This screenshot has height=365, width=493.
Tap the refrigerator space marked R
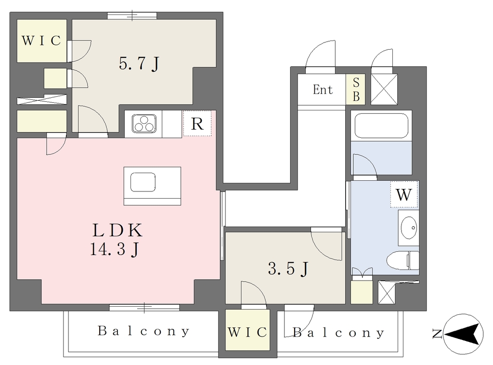point(197,123)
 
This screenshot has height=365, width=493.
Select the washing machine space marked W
point(404,194)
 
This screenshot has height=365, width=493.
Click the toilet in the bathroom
point(403,260)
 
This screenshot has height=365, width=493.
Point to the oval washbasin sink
point(409,228)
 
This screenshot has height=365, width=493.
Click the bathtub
point(381,126)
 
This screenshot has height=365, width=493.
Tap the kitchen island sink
point(143,182)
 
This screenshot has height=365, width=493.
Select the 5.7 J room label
point(139,64)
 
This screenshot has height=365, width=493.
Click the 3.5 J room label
point(288,269)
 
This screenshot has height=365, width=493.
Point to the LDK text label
point(117,230)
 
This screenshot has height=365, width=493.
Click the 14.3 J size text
point(115,249)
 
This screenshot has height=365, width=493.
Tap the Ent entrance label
point(323,90)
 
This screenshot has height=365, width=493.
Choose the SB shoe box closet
point(356,89)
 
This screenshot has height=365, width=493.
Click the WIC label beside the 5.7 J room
point(41,41)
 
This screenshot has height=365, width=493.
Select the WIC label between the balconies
point(248,332)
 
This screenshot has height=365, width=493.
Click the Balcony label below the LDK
point(143,331)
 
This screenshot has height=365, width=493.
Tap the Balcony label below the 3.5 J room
point(338,333)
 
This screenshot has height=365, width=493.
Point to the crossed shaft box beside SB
point(384,89)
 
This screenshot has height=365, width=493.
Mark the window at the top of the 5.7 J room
point(132,16)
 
